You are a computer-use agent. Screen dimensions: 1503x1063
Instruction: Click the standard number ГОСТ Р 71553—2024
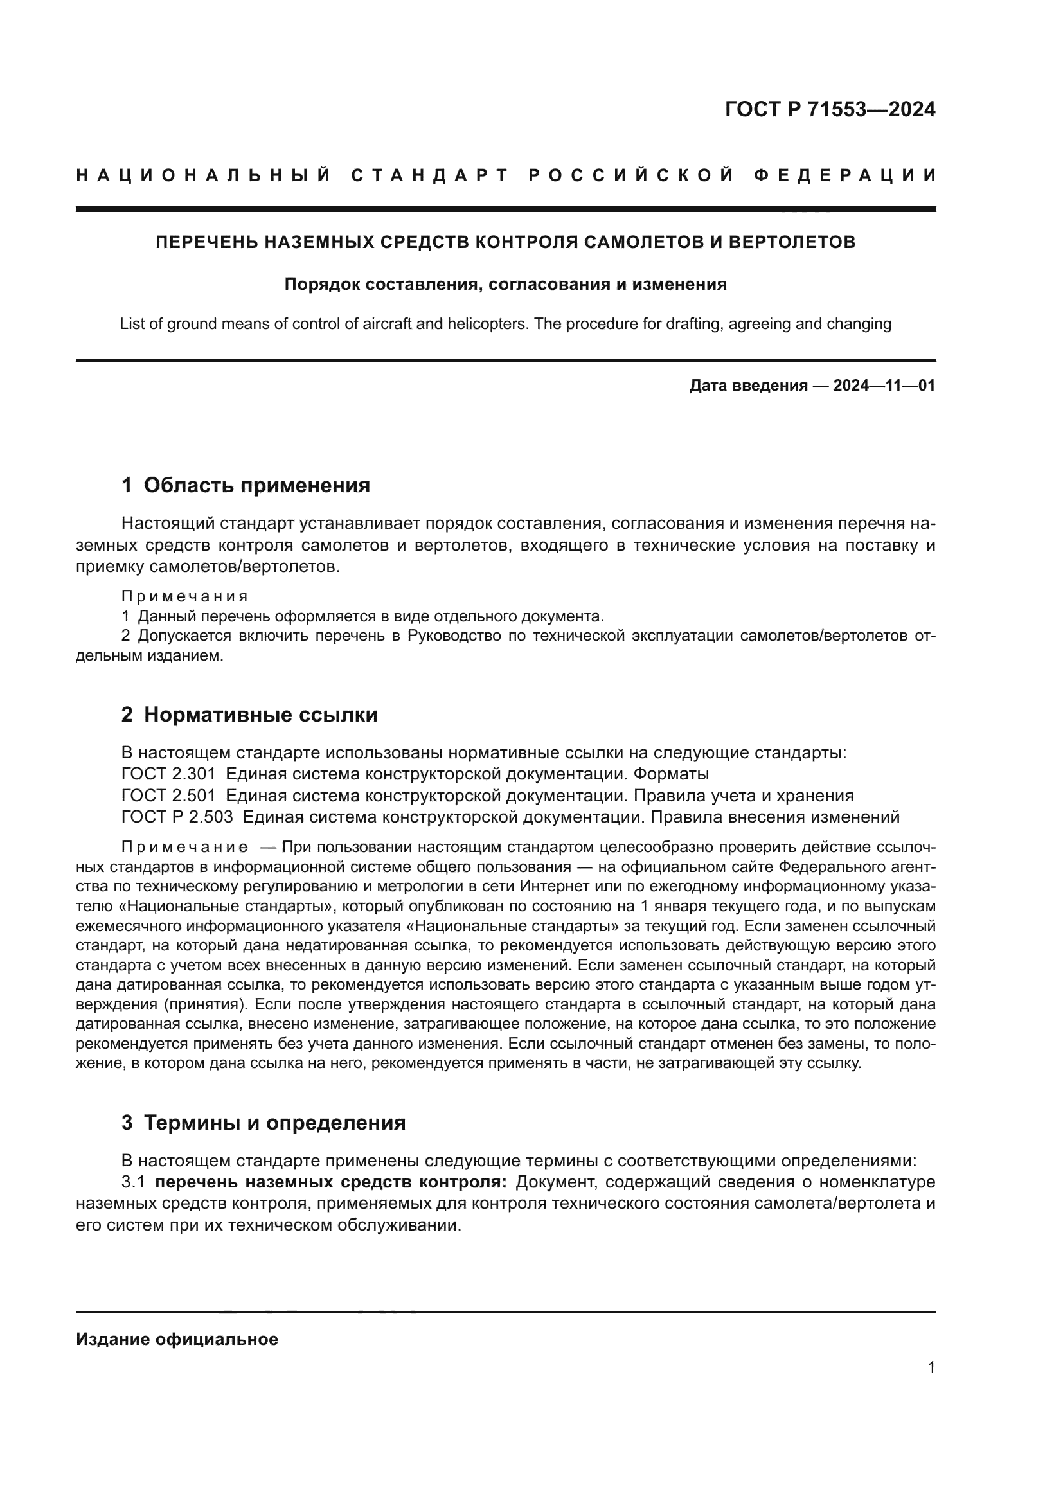pos(830,109)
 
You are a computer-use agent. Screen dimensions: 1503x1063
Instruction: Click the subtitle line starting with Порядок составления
pos(505,285)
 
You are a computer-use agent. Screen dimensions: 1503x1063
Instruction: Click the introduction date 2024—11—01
pos(884,386)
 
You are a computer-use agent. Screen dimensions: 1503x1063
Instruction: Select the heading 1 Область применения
pos(246,485)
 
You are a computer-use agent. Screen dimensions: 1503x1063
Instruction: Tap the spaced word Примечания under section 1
pos(184,596)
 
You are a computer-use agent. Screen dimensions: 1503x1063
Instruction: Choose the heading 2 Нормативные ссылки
pos(249,715)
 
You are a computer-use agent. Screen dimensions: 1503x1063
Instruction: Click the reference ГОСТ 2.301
pos(168,774)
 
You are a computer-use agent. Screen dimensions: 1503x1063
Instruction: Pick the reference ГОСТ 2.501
pos(168,796)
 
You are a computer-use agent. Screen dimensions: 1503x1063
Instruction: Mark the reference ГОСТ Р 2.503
pos(177,817)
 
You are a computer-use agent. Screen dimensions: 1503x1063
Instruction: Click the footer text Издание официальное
pos(177,1339)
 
